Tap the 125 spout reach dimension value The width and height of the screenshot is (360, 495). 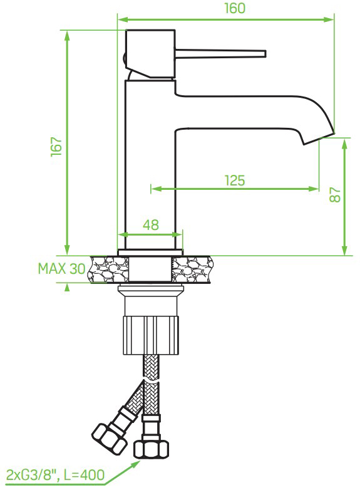(234, 180)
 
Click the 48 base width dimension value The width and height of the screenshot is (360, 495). (150, 224)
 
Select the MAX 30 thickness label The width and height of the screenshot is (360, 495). (61, 269)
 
